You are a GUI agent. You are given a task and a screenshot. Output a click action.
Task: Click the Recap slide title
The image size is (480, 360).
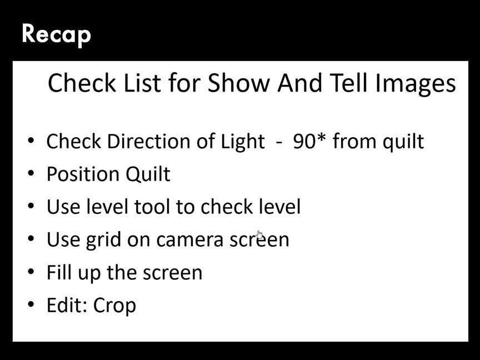[56, 34]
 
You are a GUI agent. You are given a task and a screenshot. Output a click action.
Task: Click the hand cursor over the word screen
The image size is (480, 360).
[259, 235]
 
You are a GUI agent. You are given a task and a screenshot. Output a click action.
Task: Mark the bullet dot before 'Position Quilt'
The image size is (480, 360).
[31, 173]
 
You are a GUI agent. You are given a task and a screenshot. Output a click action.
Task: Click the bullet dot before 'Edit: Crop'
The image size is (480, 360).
[31, 304]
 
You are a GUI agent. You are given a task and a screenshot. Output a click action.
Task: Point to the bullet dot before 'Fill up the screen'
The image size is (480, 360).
[31, 272]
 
